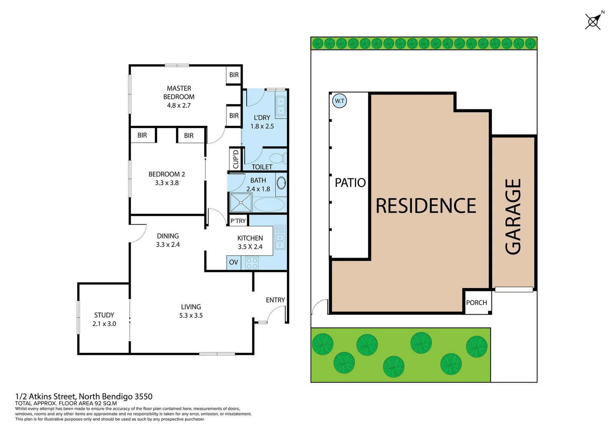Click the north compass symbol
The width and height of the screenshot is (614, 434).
coord(593,21)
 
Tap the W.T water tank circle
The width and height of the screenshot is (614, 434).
coord(340,101)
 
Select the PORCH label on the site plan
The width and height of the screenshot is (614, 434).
coord(476,303)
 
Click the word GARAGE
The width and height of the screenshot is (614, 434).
coord(513,217)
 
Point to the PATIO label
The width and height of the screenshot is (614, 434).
coord(350,183)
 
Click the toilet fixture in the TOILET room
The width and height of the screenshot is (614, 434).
coord(277,158)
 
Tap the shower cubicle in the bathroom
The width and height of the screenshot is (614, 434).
coord(240,203)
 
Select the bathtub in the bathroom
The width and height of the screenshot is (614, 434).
coord(269,204)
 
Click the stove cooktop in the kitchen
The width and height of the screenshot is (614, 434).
coord(252,263)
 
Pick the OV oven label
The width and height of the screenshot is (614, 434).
coord(233,262)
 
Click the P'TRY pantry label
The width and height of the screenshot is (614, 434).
coord(238,221)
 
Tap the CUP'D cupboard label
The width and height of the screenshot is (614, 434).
coord(235,159)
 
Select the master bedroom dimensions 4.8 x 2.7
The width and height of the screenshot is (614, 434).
coord(179,105)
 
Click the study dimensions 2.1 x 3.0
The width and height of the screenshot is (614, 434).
coord(104,324)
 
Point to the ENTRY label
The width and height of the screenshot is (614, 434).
coord(275,300)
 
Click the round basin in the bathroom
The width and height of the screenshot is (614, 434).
coord(281,183)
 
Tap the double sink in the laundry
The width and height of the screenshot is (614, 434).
coord(280,106)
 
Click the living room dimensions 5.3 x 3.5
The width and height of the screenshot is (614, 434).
coord(191,315)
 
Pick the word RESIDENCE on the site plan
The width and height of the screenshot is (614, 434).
coord(426,206)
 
